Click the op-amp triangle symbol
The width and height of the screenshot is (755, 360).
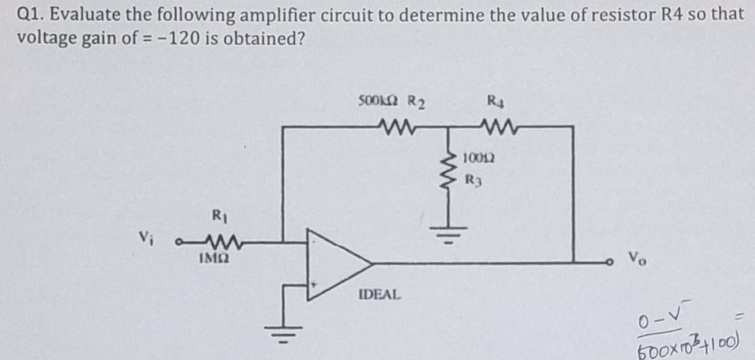(x=336, y=261)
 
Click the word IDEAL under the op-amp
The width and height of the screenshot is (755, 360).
(x=380, y=295)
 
